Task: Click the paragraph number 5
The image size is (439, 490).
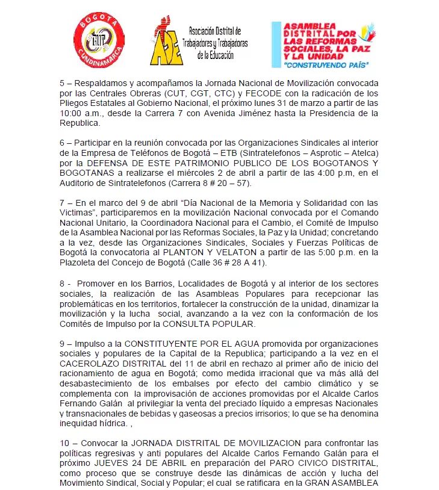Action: tap(62, 82)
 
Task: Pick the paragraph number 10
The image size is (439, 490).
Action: tap(64, 444)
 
